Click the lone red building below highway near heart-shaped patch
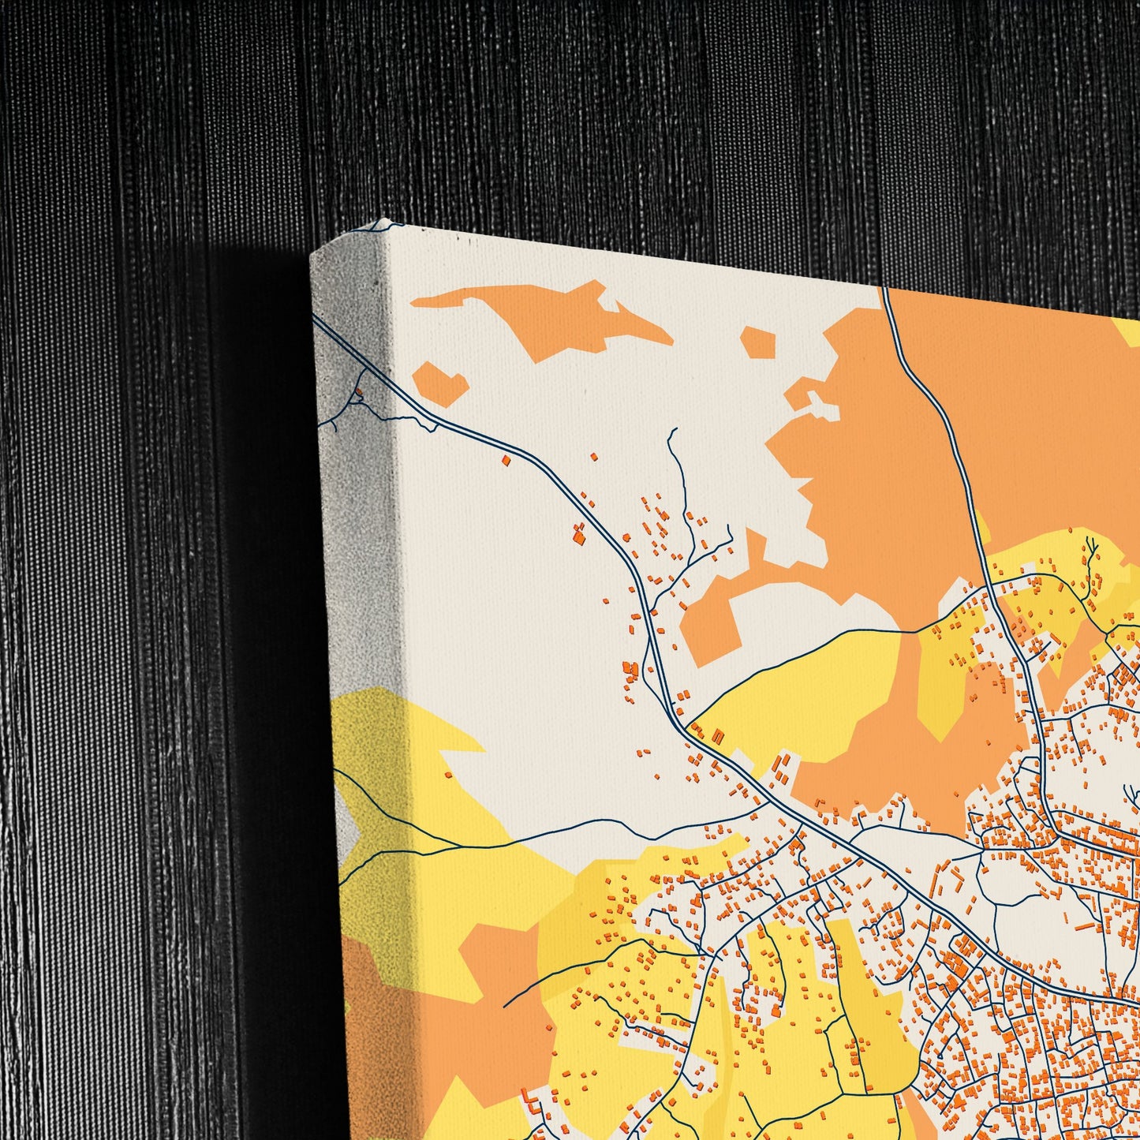pyautogui.click(x=506, y=458)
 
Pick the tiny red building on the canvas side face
pyautogui.click(x=360, y=389)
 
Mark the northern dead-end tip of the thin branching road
pyautogui.click(x=675, y=429)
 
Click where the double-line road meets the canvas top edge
pyautogui.click(x=884, y=289)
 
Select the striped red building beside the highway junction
pyautogui.click(x=718, y=736)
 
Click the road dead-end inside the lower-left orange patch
pyautogui.click(x=504, y=1007)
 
